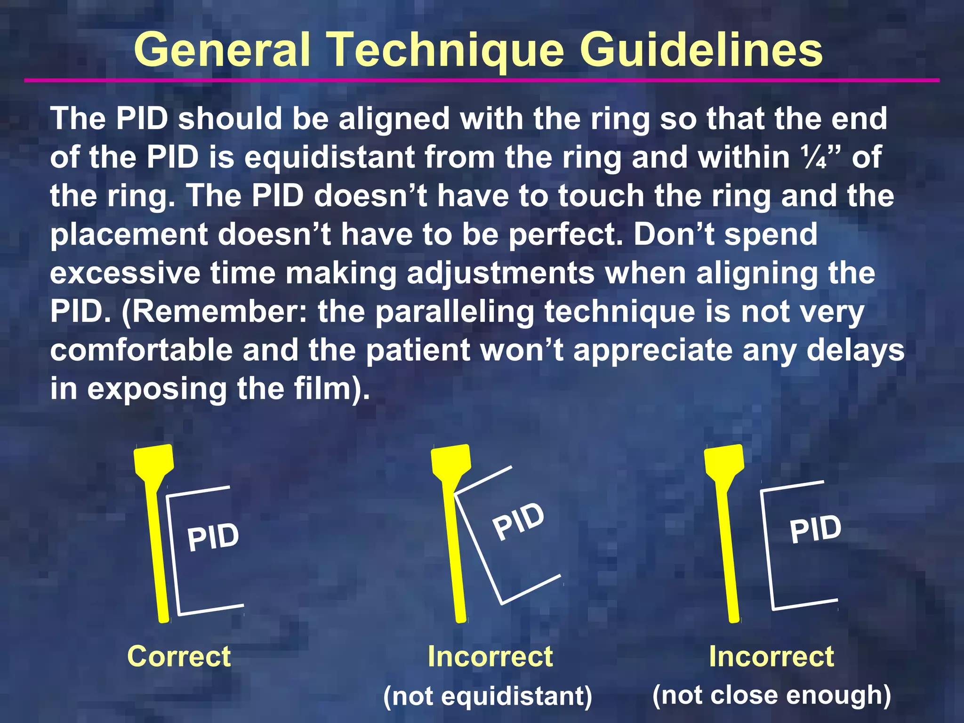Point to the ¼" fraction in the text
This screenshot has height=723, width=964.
pos(823,157)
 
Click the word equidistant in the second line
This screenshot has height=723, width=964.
pos(329,157)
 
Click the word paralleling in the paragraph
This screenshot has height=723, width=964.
pos(455,313)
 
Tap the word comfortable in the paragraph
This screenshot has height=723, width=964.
pos(141,351)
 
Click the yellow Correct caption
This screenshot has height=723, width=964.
pos(179,656)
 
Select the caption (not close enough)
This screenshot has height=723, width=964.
pos(771,695)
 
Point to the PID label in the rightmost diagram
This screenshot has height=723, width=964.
pos(815,529)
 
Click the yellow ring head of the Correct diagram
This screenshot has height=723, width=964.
pos(153,461)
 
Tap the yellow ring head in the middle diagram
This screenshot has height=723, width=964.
pos(450,461)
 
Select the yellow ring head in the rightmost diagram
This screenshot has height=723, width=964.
pos(723,461)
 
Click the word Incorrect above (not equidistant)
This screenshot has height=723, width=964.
pos(490,656)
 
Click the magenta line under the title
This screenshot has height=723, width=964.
pos(482,80)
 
